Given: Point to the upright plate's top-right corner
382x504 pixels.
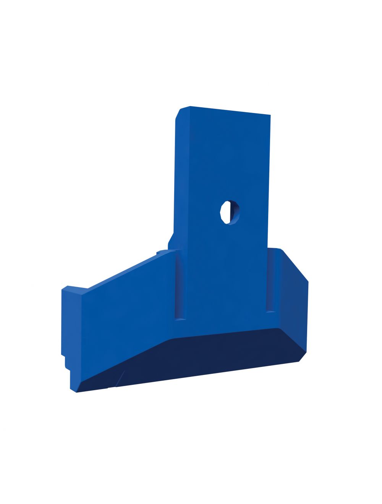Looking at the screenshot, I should [270, 115].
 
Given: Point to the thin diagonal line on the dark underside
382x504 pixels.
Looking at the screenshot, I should [120, 378].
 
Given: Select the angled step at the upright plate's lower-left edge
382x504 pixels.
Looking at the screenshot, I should [171, 239].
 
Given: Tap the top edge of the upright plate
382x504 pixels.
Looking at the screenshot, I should [229, 111].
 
